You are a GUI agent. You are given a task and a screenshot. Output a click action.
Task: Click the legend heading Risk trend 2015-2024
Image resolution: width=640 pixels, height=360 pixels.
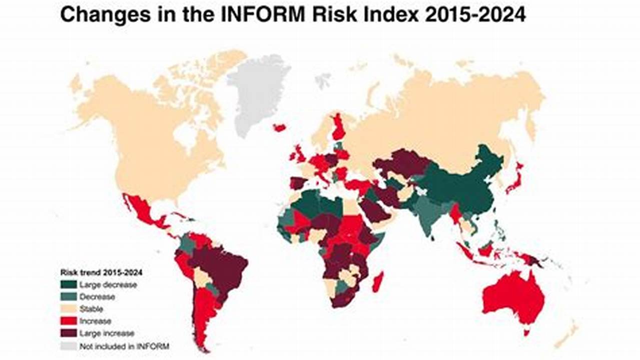click(100, 273)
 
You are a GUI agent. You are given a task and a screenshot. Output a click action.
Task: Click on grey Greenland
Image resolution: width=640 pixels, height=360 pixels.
click(258, 90)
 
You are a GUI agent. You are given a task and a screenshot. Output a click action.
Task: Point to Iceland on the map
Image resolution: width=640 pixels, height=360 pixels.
click(279, 127)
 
